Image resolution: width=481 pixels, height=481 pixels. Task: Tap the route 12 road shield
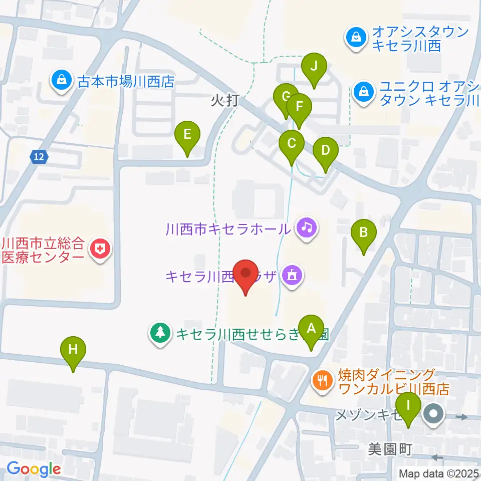(39, 157)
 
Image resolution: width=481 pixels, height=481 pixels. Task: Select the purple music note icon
(307, 229)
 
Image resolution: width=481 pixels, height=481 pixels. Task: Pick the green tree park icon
(160, 333)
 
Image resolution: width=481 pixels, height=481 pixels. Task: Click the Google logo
(34, 469)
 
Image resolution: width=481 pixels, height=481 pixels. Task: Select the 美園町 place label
(390, 449)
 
